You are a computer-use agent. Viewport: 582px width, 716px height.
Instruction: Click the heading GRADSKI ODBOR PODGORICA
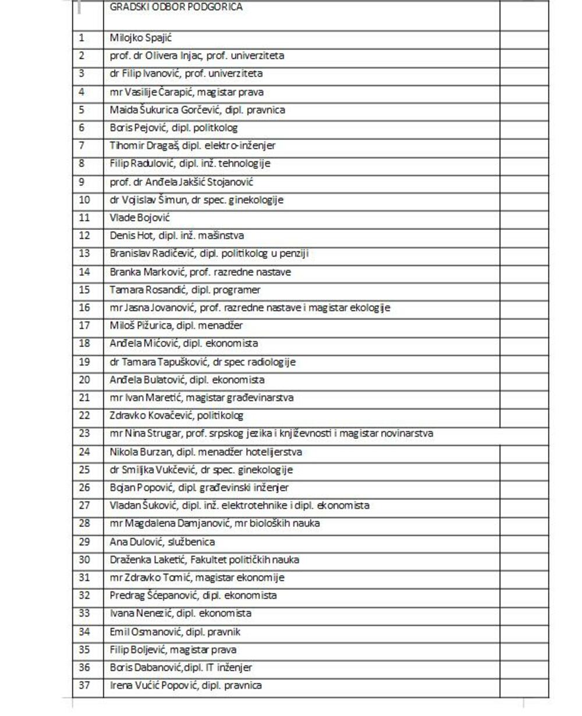click(176, 8)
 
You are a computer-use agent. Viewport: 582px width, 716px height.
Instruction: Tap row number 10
click(84, 200)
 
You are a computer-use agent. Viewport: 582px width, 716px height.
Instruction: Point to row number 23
click(84, 434)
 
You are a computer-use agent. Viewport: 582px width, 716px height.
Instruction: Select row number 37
click(84, 685)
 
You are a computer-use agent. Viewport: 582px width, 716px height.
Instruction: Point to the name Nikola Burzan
click(135, 452)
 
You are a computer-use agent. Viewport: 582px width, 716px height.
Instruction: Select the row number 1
click(81, 38)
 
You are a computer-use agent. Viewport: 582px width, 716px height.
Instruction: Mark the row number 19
click(84, 361)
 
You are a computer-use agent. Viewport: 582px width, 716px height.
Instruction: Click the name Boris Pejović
click(133, 128)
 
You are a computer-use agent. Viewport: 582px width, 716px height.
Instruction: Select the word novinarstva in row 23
click(406, 434)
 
